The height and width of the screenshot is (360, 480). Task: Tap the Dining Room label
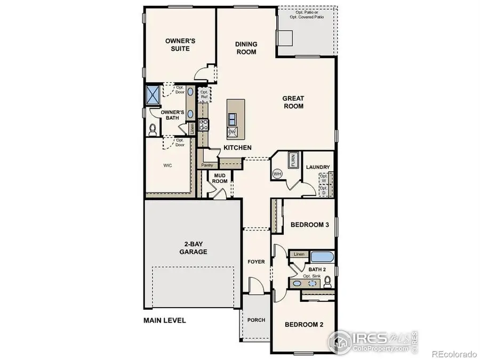pyautogui.click(x=246, y=48)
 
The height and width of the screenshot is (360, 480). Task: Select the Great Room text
pyautogui.click(x=293, y=102)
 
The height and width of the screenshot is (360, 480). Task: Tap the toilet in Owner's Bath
pyautogui.click(x=153, y=129)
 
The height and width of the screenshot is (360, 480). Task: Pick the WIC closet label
pyautogui.click(x=167, y=166)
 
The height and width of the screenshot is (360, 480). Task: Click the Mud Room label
pyautogui.click(x=221, y=178)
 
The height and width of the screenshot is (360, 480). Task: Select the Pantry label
pyautogui.click(x=207, y=165)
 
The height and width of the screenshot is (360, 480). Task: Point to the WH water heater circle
pyautogui.click(x=277, y=173)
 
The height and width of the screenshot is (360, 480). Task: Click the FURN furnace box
pyautogui.click(x=292, y=160)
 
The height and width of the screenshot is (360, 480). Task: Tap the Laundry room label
pyautogui.click(x=318, y=167)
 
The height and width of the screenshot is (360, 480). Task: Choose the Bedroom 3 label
pyautogui.click(x=309, y=225)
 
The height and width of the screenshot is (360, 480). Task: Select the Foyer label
pyautogui.click(x=257, y=262)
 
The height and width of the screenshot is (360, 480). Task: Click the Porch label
pyautogui.click(x=256, y=321)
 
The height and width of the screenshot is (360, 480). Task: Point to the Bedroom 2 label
pyautogui.click(x=303, y=324)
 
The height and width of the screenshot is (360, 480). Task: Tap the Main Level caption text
pyautogui.click(x=164, y=321)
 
